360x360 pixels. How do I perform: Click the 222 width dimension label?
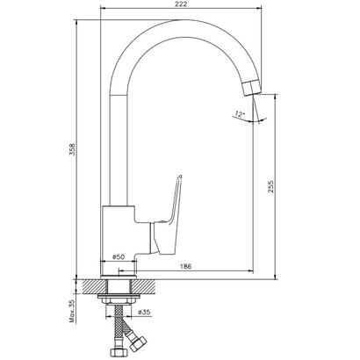pyautogui.click(x=182, y=4)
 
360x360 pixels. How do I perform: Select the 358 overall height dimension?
pyautogui.click(x=72, y=149)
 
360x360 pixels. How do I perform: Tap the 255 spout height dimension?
pyautogui.click(x=270, y=186)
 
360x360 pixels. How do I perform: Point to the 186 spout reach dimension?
pyautogui.click(x=185, y=266)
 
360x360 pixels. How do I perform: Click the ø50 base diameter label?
pyautogui.click(x=119, y=257)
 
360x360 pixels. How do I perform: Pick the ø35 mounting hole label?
pyautogui.click(x=144, y=312)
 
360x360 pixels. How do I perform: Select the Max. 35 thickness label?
pyautogui.click(x=72, y=312)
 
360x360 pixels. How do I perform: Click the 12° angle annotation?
pyautogui.click(x=240, y=114)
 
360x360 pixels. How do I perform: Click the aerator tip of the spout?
pyautogui.click(x=251, y=88)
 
